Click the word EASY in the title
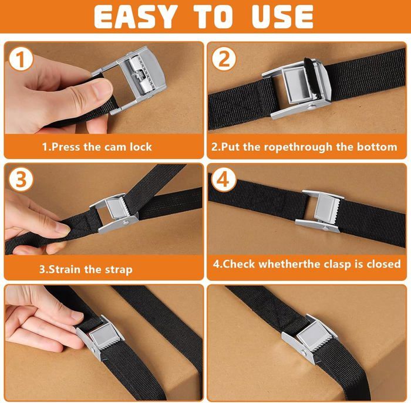[134, 17]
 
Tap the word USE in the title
[282, 17]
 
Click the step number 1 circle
[21, 59]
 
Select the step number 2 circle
[224, 59]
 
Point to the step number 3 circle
[21, 180]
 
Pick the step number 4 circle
[223, 180]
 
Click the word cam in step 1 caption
[116, 147]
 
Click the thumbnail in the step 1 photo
[103, 89]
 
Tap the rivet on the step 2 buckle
[312, 107]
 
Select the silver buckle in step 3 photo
[114, 212]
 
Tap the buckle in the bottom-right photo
[311, 337]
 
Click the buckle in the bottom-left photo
[100, 337]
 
